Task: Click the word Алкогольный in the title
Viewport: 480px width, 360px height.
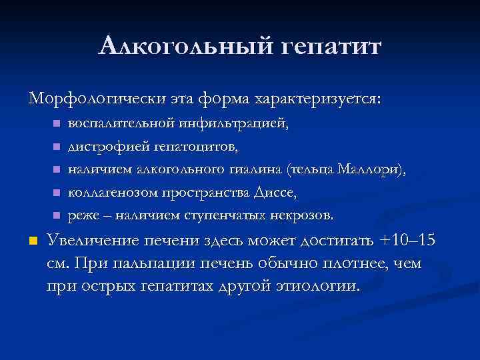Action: click(x=183, y=47)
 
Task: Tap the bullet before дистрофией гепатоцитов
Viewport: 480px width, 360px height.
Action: click(x=57, y=147)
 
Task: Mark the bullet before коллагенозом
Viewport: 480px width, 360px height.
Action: click(x=57, y=193)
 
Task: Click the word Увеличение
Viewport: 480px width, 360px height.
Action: click(x=95, y=241)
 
